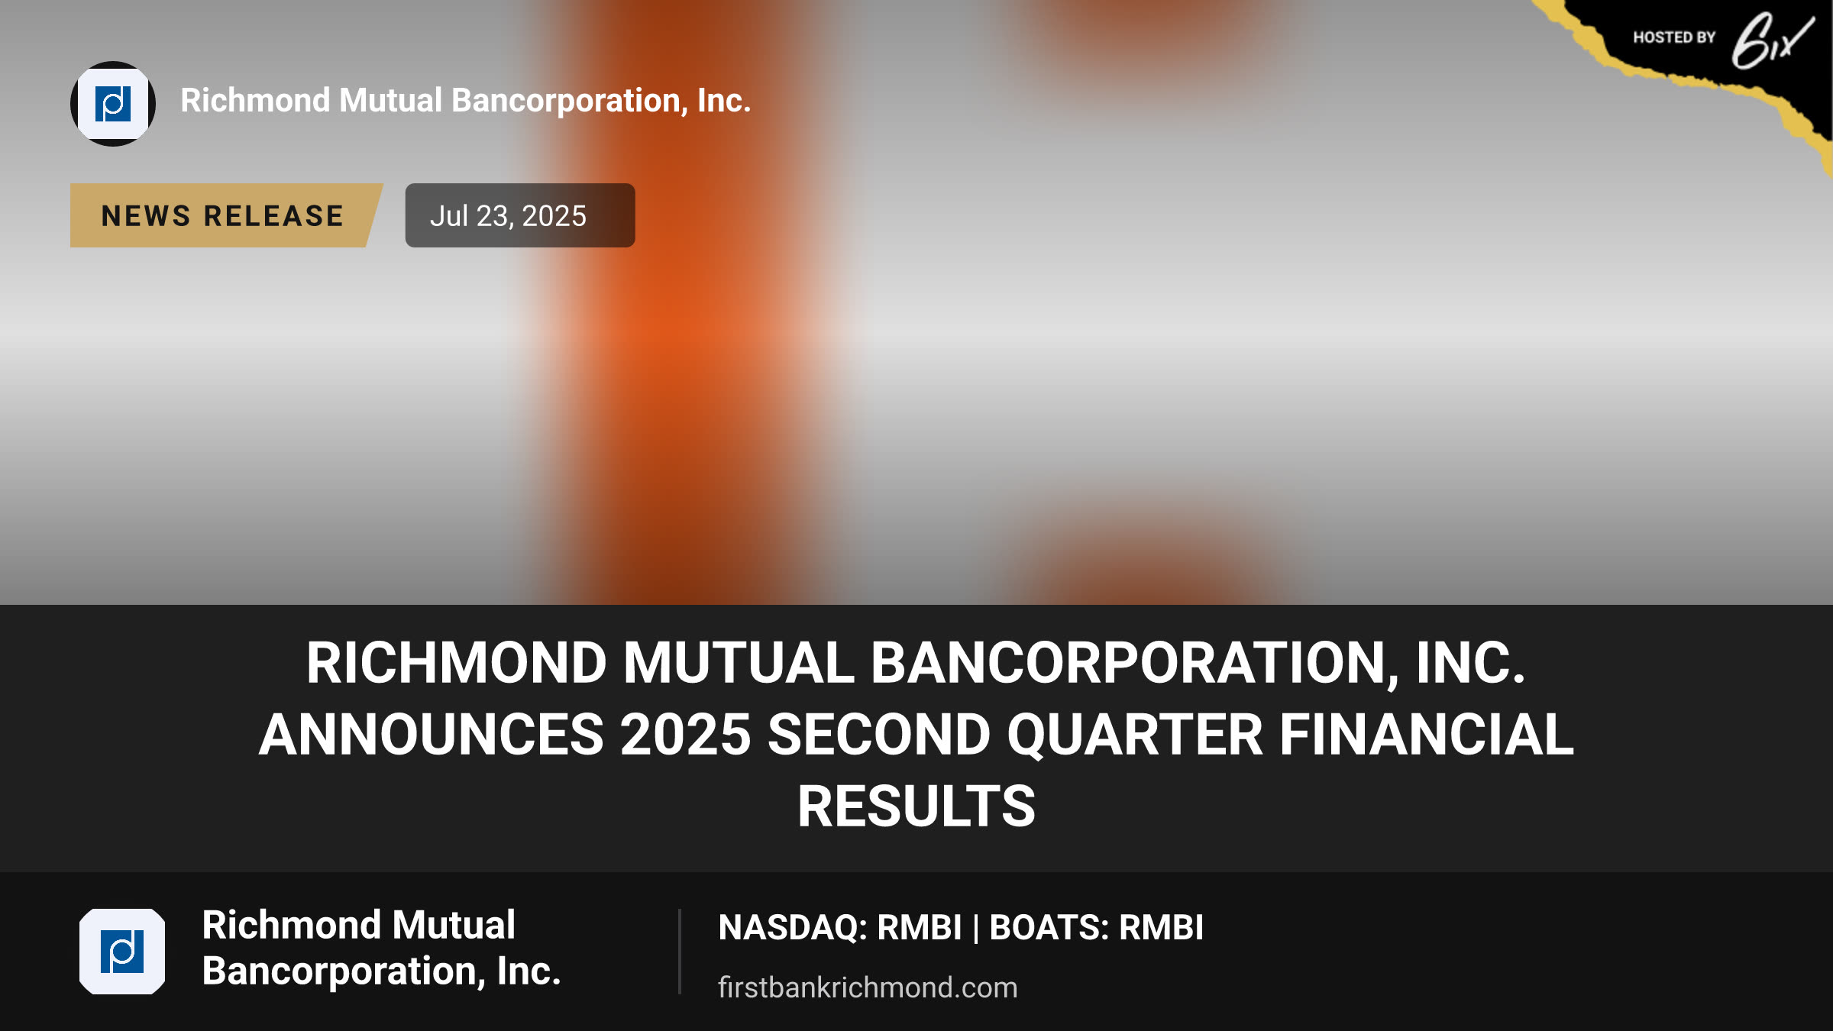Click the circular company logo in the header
pos(113,104)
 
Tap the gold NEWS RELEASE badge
pos(225,215)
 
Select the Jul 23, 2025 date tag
pos(520,215)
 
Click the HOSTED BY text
pos(1674,37)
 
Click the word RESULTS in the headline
pos(916,806)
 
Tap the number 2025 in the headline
pos(686,735)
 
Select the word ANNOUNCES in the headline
pos(432,735)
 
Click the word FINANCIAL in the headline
pos(1427,735)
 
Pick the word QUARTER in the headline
pos(1135,735)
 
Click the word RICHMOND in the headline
pos(457,663)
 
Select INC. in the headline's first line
pos(1471,663)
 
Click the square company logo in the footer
pos(122,952)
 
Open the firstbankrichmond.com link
pos(868,987)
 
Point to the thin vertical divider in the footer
pos(679,952)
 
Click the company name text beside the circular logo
pos(466,101)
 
